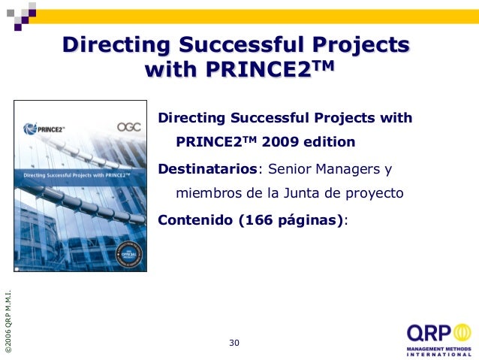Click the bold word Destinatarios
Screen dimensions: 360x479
207,168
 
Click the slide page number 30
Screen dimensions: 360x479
234,343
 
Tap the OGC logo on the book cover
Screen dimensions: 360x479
129,128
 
